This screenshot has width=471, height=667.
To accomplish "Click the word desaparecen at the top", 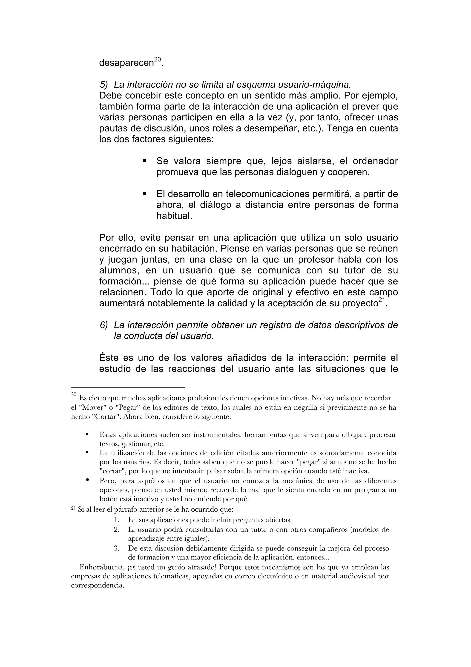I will coord(126,63).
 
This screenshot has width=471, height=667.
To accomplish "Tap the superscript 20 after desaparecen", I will coord(157,60).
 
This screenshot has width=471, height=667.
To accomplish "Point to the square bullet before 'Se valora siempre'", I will coord(144,161).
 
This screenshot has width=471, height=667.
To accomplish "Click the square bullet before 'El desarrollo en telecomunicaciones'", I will coord(144,194).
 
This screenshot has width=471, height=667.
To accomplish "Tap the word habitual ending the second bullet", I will coord(174,216).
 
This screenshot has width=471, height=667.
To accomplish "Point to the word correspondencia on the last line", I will coord(97,585).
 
